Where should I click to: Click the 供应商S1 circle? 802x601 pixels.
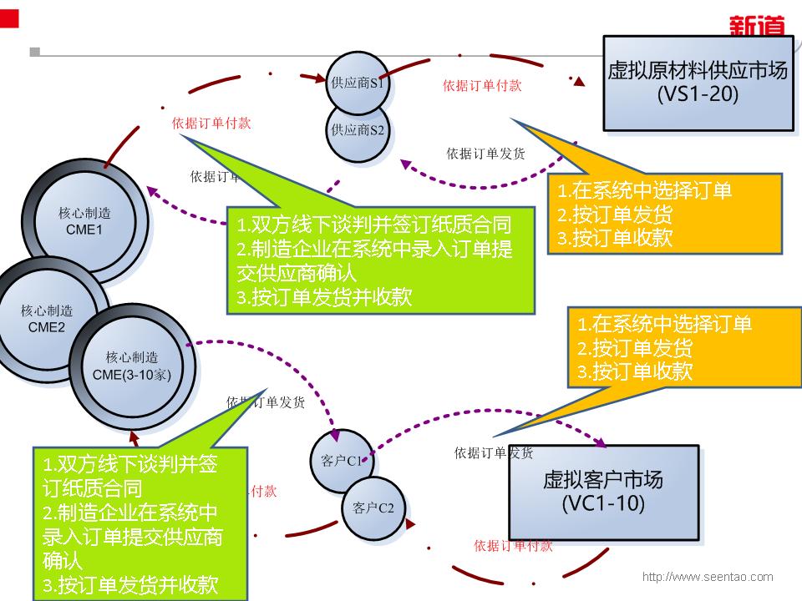[x=358, y=83]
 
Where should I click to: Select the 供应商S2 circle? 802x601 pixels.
[x=358, y=130]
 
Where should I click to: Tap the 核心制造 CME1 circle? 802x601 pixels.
[x=86, y=220]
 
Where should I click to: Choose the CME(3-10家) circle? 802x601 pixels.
[x=133, y=366]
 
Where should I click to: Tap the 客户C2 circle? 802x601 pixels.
[x=373, y=507]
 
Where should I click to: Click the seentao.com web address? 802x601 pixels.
[x=707, y=577]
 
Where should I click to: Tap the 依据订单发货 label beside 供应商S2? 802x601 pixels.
[x=485, y=154]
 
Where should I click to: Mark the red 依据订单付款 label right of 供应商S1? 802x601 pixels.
[x=482, y=85]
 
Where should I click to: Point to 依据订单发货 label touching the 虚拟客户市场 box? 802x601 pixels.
[x=494, y=453]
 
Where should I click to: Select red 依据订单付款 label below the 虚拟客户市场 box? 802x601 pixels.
[x=513, y=546]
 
